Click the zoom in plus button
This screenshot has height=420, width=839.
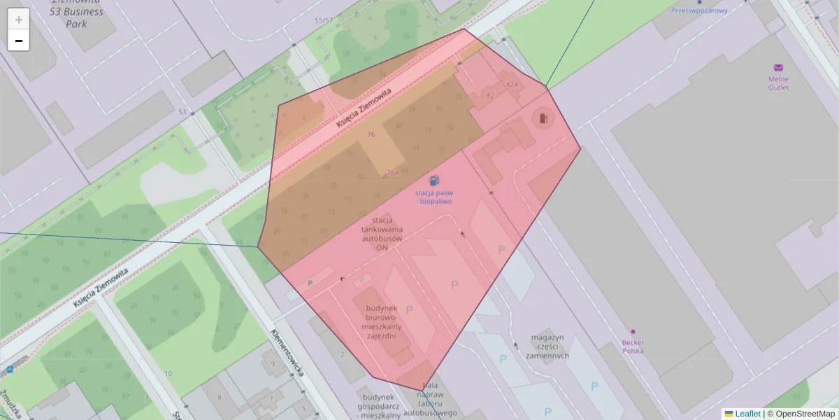coord(19,20)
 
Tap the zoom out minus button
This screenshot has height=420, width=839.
coord(19,41)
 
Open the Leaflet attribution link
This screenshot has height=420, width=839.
coord(747,414)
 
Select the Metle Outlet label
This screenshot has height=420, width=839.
coord(778,83)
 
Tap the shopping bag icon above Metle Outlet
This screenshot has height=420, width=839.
coord(778,68)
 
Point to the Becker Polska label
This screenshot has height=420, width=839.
coord(633,346)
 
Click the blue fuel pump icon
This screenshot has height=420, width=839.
coord(434,181)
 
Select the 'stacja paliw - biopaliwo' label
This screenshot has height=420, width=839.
coord(433,197)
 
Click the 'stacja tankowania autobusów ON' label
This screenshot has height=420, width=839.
coord(382,234)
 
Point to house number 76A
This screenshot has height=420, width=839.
coord(393,172)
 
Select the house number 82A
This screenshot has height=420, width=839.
coord(512,84)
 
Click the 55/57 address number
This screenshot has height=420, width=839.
coord(324,20)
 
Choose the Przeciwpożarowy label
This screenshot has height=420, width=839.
coord(699,10)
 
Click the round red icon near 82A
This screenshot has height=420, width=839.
coord(543,118)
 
